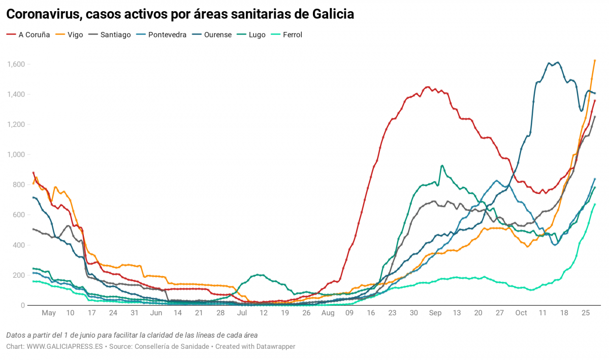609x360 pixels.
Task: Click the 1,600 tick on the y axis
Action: pyautogui.click(x=16, y=64)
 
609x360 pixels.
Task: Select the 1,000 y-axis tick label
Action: pyautogui.click(x=16, y=155)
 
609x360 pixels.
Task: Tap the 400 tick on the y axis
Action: pyautogui.click(x=19, y=245)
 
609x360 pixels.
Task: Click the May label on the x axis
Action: pyautogui.click(x=49, y=313)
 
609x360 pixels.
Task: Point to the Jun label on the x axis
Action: pyautogui.click(x=156, y=313)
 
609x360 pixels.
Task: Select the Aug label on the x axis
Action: pyautogui.click(x=328, y=313)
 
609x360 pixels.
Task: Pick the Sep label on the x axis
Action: pyautogui.click(x=435, y=313)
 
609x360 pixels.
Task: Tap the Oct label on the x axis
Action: pyautogui.click(x=522, y=313)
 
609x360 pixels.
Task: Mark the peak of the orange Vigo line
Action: pyautogui.click(x=595, y=60)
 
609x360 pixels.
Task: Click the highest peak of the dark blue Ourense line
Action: pyautogui.click(x=558, y=62)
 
